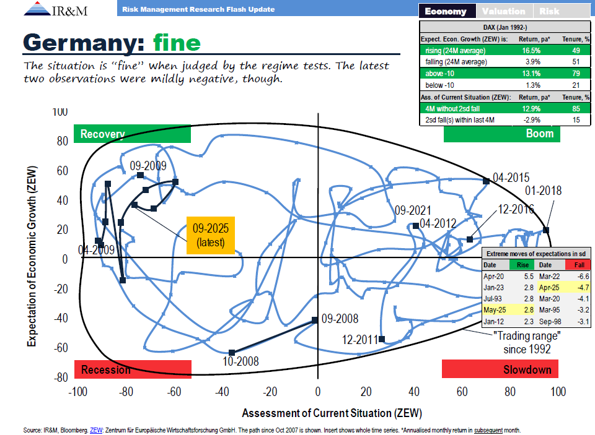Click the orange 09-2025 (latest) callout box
(210, 235)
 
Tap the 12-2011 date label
(359, 340)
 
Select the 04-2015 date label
(512, 177)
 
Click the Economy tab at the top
(446, 11)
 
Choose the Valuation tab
(503, 11)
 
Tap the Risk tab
(549, 11)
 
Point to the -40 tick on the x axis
(221, 392)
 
